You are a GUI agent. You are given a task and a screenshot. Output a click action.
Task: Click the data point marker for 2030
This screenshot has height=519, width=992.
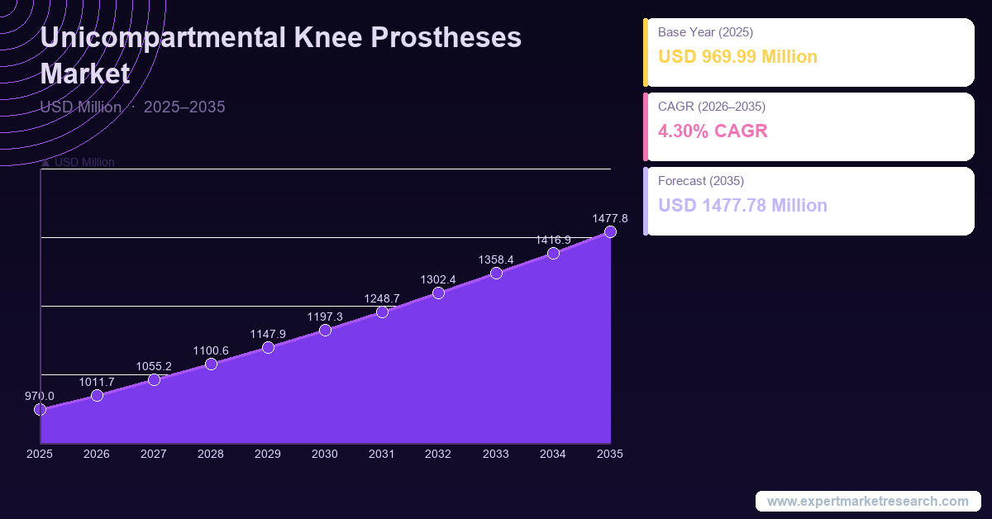point(325,331)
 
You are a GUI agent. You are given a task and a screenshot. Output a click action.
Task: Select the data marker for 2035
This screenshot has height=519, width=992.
point(610,232)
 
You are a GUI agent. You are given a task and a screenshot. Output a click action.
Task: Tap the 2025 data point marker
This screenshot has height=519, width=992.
point(40,409)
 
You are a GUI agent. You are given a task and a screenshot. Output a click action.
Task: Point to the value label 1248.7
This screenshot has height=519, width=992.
point(382,298)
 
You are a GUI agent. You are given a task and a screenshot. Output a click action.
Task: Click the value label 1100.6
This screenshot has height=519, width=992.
point(211,350)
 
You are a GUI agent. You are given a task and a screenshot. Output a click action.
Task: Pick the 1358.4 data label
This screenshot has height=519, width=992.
point(496,259)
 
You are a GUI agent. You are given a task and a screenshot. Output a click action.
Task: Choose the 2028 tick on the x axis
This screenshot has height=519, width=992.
point(211,454)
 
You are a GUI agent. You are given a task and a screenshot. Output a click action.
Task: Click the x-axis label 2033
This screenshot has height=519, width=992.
point(496,454)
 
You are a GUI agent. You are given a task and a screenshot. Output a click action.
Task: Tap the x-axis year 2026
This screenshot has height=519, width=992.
point(97,454)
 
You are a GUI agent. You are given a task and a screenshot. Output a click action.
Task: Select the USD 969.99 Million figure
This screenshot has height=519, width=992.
point(737,57)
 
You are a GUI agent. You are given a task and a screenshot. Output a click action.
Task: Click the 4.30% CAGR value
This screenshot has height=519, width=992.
point(713,131)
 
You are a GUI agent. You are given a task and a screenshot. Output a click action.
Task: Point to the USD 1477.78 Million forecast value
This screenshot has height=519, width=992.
point(742,205)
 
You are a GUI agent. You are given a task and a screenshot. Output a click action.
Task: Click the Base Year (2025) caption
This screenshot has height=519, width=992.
point(705,32)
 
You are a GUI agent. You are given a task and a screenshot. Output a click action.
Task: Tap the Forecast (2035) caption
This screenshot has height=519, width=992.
point(701,180)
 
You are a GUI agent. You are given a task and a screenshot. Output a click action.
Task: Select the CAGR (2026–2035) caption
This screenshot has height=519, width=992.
point(711,107)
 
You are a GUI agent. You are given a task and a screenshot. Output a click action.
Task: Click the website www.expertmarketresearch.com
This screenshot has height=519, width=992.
point(867,501)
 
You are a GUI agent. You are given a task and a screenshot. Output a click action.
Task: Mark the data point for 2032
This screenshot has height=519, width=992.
point(438,293)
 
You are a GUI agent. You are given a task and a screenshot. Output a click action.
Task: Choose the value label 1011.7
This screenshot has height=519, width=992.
point(97,382)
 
